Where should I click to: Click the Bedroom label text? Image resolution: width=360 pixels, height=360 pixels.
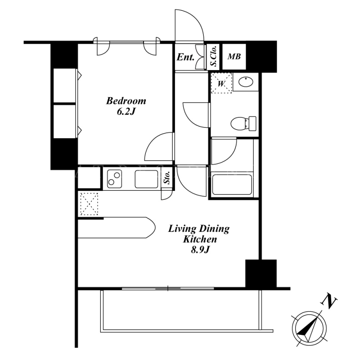126,101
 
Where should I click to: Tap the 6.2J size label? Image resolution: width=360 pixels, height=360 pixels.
126,112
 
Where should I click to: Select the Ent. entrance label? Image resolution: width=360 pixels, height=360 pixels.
185,57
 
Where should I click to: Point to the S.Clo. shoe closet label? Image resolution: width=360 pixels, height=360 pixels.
214,56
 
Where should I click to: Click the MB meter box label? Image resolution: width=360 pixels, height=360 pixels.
234,57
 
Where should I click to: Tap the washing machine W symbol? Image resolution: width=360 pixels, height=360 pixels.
221,83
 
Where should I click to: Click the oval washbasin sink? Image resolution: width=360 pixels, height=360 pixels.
246,81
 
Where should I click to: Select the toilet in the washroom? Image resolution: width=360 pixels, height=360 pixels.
243,123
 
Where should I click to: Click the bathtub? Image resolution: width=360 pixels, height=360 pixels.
232,185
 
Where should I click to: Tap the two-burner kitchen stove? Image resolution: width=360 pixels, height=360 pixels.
114,179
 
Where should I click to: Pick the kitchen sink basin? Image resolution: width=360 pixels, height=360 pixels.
147,179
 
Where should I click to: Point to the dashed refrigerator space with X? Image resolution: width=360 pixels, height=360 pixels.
89,204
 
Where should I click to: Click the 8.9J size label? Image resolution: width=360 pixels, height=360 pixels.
200,250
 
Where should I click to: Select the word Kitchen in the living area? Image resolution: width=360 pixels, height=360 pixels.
200,239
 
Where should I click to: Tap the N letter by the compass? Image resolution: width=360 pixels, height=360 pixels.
330,302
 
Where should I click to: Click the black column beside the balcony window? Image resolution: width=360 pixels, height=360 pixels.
261,274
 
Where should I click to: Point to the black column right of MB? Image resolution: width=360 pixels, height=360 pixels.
261,57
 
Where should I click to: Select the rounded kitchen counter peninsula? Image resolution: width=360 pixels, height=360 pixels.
117,228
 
